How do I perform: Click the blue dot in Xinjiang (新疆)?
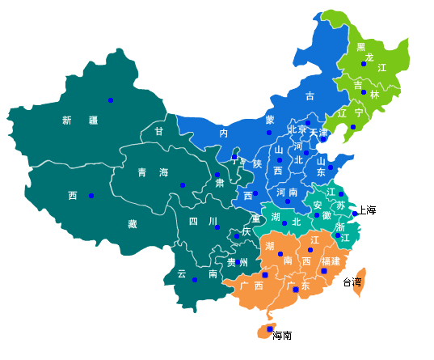[x=111, y=100]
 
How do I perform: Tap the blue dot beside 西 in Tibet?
[x=91, y=196]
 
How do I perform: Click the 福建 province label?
[x=331, y=261]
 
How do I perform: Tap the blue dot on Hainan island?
[x=270, y=329]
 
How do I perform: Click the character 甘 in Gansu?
[x=159, y=131]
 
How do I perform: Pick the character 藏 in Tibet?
[x=132, y=224]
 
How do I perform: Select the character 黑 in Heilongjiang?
[x=361, y=47]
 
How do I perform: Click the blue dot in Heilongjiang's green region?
[x=364, y=64]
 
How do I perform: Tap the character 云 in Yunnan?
[x=181, y=274]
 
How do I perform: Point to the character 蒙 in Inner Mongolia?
[x=270, y=120]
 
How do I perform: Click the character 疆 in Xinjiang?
[x=93, y=121]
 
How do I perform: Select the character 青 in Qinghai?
[x=142, y=172]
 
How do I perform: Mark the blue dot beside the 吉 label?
[x=364, y=92]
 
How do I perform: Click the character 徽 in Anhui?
[x=327, y=216]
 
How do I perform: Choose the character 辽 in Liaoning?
[x=342, y=114]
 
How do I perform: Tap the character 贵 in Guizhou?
[x=232, y=262]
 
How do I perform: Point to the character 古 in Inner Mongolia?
[x=310, y=96]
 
